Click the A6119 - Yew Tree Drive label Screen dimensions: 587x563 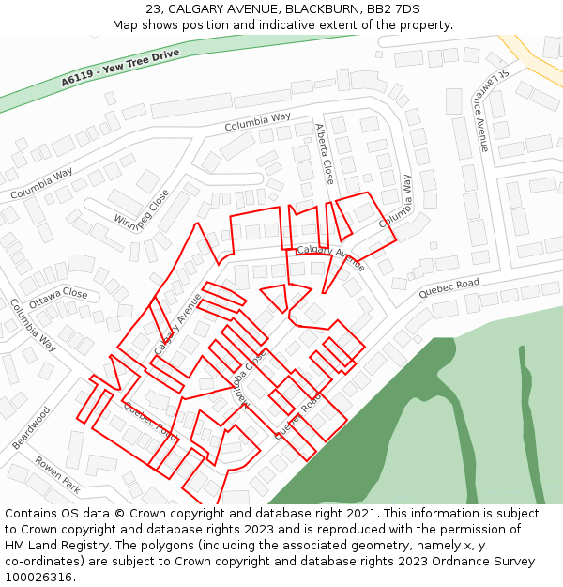coord(120,68)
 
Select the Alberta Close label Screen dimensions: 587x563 coord(325,153)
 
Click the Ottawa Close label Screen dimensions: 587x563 coord(58,299)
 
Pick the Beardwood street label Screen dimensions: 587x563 coord(30,427)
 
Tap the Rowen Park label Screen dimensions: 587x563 coord(57,474)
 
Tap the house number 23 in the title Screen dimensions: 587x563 coord(154,9)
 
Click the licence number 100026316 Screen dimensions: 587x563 coord(37,577)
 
